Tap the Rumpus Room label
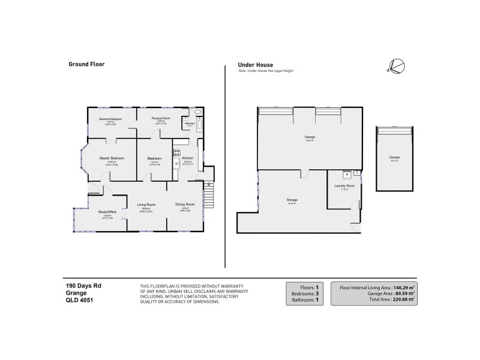[x=161, y=118]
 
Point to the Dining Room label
[x=185, y=204]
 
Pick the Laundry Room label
[x=344, y=186]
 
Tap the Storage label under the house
[x=292, y=200]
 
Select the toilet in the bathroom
[x=199, y=112]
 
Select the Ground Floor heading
[x=87, y=64]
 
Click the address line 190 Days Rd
[x=83, y=286]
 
